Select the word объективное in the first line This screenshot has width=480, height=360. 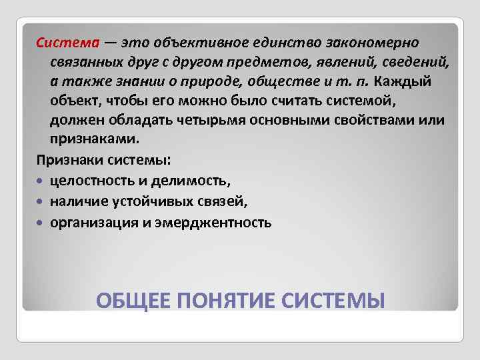click(x=191, y=43)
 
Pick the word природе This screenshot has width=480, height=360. click(x=207, y=81)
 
